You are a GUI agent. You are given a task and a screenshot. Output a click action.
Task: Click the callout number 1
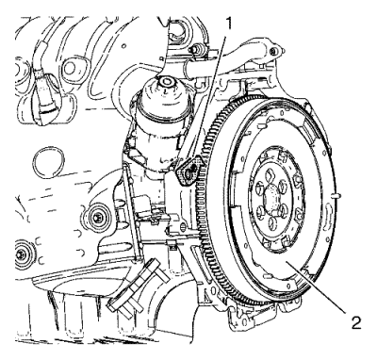229,24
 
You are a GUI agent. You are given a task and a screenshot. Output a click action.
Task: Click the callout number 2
355,323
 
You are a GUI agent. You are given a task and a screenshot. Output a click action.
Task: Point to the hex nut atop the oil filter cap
166,82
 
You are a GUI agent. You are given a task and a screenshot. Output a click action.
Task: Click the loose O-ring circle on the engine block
49,164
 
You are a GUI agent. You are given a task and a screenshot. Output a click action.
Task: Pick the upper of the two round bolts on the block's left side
95,217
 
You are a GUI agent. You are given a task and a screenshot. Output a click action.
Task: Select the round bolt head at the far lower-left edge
22,254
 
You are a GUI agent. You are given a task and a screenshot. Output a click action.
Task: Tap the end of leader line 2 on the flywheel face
286,262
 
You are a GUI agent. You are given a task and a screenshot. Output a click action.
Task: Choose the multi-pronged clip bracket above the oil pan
139,287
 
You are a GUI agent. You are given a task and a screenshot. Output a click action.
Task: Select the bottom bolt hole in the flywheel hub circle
272,222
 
